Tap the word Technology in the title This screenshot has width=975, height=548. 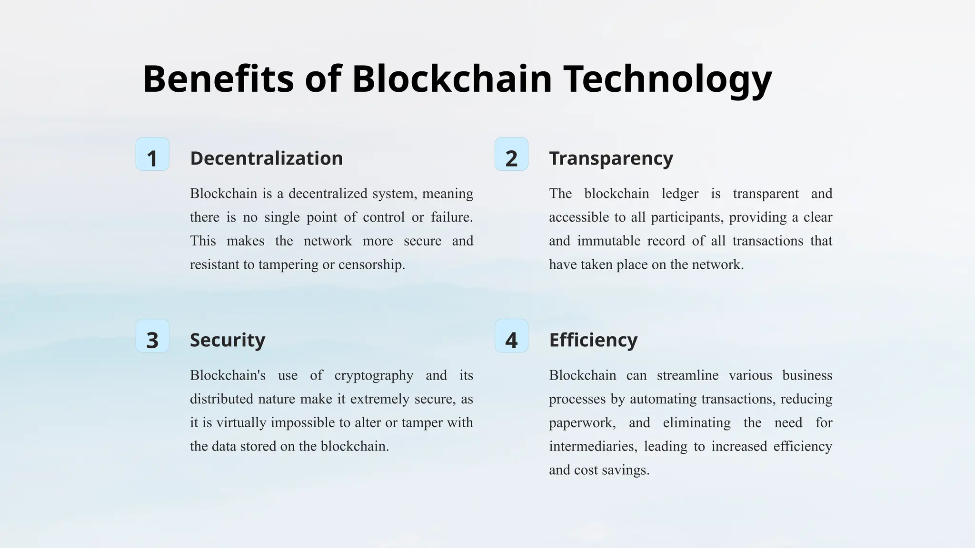[x=667, y=79]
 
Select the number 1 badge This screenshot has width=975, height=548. [x=152, y=154]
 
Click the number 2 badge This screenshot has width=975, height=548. [x=511, y=154]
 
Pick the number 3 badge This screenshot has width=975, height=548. [x=152, y=336]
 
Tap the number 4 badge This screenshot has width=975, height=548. [x=511, y=336]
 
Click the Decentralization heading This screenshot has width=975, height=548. [x=266, y=158]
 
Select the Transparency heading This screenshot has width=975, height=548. [x=611, y=158]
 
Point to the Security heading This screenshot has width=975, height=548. [x=228, y=340]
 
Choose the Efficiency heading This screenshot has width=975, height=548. [x=593, y=340]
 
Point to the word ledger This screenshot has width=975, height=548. [x=680, y=194]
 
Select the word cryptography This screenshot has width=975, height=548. [x=374, y=375]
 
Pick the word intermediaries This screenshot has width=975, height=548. [x=592, y=446]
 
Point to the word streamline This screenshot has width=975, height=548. [x=687, y=375]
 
